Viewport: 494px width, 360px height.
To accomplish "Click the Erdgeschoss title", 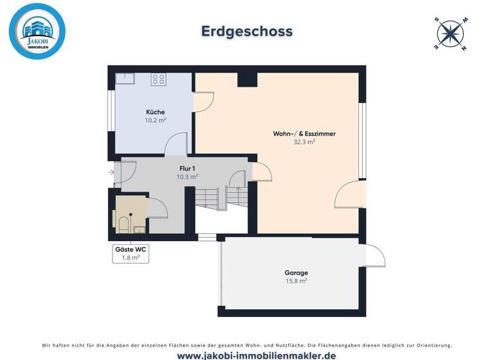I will click(x=247, y=31).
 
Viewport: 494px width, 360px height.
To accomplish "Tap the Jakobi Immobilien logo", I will click(x=37, y=32).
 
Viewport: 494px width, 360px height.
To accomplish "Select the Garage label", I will click(x=296, y=273).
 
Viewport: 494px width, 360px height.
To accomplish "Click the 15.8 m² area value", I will click(x=296, y=281).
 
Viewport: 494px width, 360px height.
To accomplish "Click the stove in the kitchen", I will click(x=158, y=80).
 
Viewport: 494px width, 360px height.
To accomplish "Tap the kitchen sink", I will click(x=124, y=78).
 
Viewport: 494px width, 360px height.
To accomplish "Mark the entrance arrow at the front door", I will click(x=112, y=172).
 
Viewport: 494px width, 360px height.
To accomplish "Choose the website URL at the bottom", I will click(x=247, y=354).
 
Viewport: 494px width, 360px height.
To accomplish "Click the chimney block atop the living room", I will click(x=247, y=79).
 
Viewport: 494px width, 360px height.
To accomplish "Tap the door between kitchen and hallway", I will click(x=176, y=145).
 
